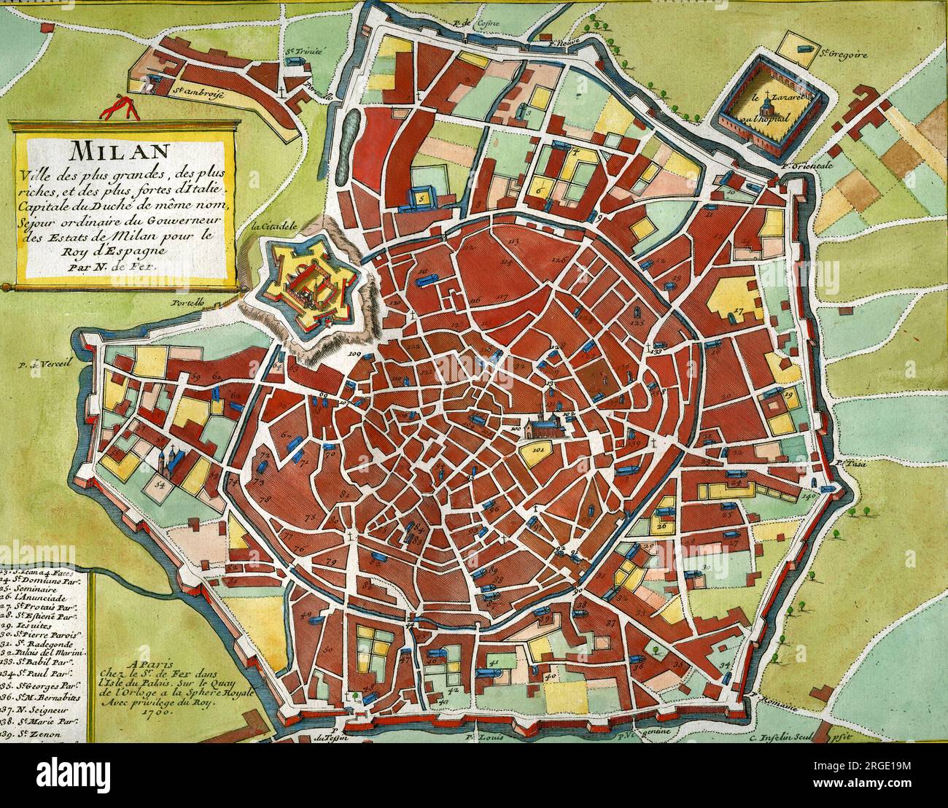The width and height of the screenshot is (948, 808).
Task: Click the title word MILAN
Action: (x=120, y=151)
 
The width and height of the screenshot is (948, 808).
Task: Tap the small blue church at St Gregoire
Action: (x=806, y=48)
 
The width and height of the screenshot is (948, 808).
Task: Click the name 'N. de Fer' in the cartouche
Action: (x=131, y=267)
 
